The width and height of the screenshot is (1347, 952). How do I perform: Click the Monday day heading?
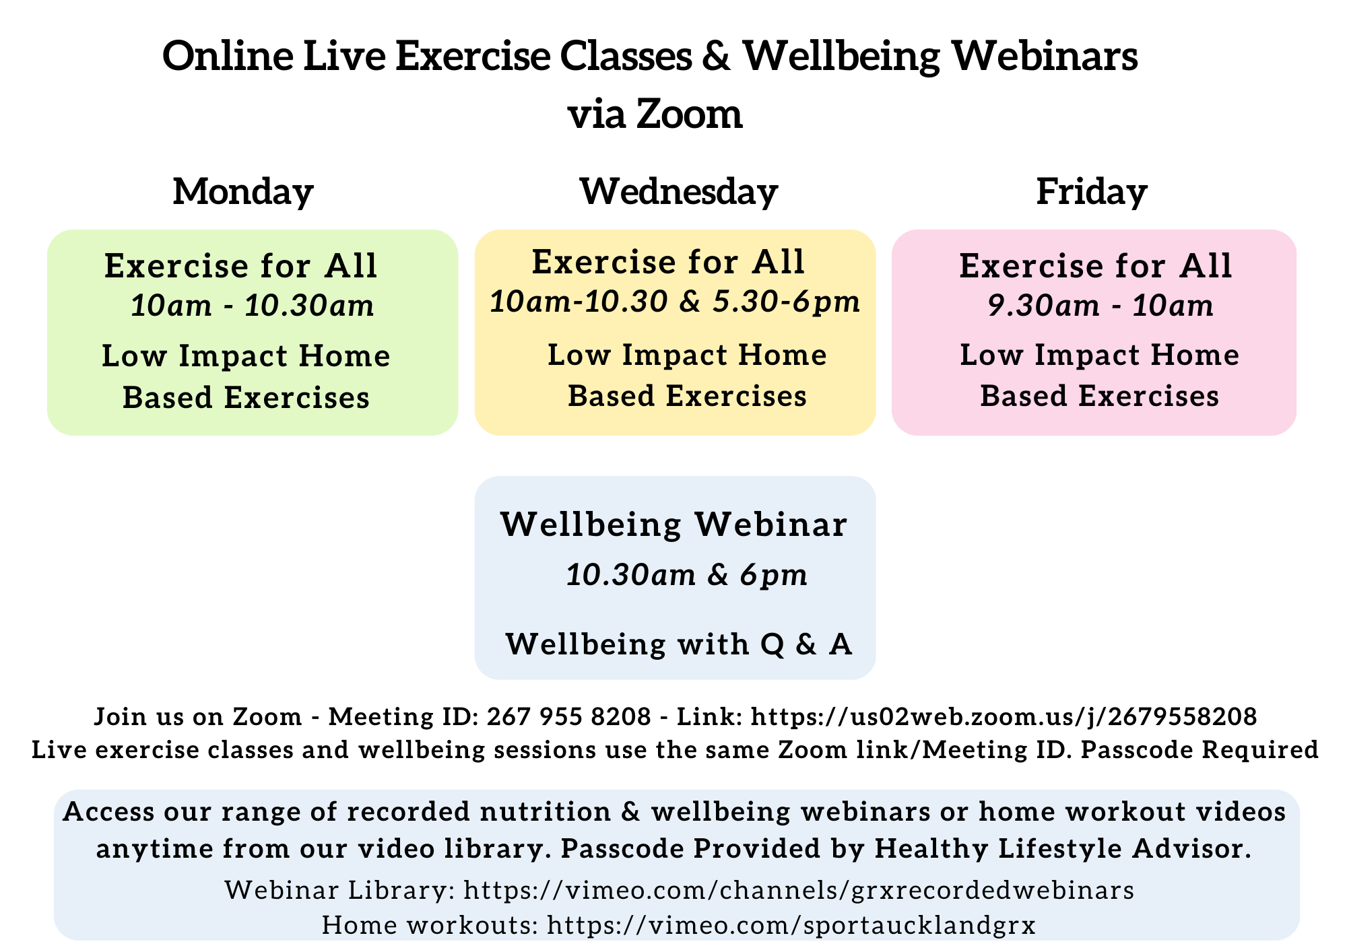243,193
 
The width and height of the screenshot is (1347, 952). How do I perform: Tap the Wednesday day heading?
679,191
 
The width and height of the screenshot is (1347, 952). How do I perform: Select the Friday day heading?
1092,193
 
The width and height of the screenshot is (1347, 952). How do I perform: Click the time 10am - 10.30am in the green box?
253,306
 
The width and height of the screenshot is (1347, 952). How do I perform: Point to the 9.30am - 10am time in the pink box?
1100,306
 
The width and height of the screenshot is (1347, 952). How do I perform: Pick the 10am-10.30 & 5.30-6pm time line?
675,302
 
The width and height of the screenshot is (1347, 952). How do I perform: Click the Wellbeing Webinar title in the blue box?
674,524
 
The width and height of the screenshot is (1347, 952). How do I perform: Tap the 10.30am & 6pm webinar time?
686,576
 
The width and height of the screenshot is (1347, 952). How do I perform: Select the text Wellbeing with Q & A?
679,644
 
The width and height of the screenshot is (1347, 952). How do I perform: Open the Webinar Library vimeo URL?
799,890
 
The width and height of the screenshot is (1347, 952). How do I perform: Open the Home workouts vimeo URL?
791,925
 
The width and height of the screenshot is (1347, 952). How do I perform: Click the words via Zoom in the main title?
655,114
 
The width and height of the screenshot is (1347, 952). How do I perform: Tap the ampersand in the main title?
717,57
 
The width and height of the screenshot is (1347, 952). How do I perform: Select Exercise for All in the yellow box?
669,262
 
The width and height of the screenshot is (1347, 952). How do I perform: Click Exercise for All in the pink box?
1096,266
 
